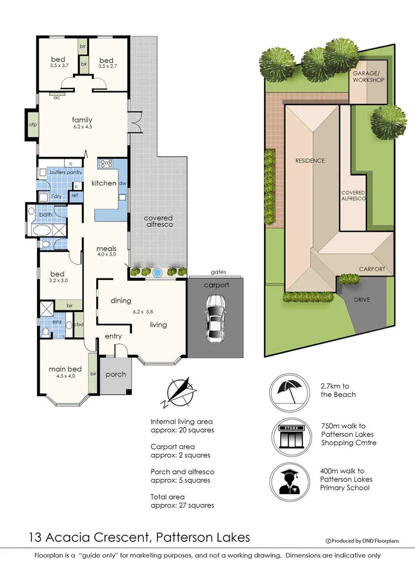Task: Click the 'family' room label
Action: [x=82, y=120]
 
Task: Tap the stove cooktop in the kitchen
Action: [x=105, y=163]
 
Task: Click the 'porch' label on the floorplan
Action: [x=116, y=374]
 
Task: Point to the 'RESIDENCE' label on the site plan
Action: [x=310, y=160]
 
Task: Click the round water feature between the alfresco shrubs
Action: [x=158, y=272]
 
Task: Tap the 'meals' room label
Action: [x=107, y=249]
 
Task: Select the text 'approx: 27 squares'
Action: [x=182, y=505]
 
